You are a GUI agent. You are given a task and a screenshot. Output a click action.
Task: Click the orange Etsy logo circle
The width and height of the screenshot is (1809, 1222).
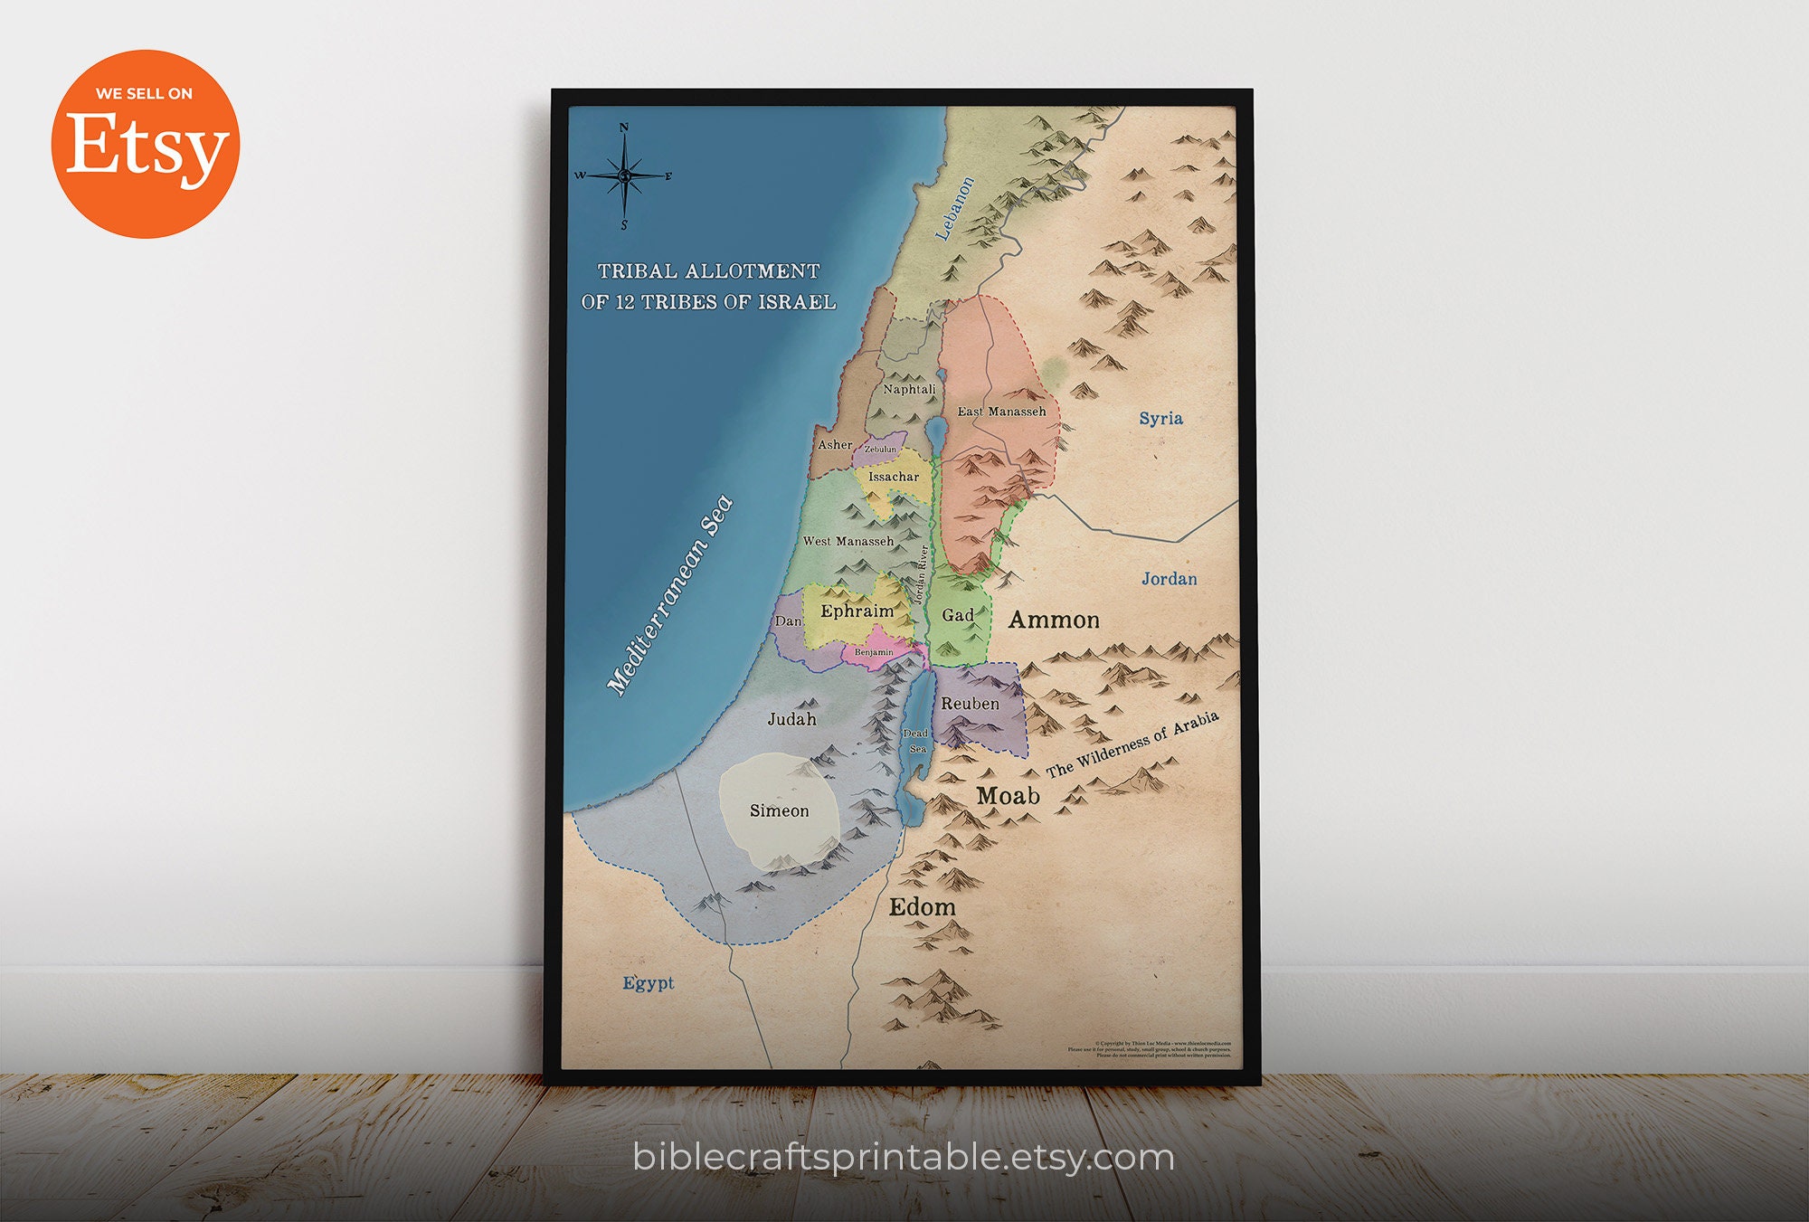(145, 145)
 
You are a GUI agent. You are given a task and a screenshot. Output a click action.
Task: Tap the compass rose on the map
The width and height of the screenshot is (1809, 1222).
(624, 175)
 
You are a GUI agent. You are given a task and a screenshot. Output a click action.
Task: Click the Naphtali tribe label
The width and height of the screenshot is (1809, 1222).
(909, 389)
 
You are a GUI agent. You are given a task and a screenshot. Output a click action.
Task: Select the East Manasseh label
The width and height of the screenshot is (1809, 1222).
(1001, 412)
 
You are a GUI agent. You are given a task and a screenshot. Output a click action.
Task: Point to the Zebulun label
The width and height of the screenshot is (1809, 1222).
(880, 450)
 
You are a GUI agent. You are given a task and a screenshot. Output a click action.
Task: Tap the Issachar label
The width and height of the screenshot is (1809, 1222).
(893, 477)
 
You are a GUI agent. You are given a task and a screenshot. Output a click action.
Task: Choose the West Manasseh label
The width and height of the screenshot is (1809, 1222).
(848, 541)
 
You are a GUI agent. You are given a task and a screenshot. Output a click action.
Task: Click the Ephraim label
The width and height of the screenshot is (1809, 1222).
(857, 611)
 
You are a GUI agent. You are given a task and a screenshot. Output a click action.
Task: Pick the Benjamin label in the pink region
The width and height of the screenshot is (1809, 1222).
(874, 652)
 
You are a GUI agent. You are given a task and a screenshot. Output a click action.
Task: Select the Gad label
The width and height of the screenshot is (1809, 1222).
(958, 615)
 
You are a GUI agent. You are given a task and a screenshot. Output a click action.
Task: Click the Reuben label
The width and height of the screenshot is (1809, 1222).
(970, 703)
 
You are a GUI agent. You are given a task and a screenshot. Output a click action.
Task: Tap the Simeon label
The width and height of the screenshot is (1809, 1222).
(779, 810)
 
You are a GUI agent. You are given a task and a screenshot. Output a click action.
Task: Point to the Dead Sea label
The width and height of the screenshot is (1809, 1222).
(916, 741)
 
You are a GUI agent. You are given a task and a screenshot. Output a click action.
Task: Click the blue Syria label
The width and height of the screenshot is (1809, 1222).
(1160, 418)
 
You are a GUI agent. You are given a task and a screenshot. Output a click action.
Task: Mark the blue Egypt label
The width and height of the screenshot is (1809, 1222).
(648, 982)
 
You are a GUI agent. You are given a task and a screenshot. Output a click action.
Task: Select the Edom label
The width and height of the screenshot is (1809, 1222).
(922, 906)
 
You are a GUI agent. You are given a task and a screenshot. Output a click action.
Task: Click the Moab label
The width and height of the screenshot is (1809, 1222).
(1008, 796)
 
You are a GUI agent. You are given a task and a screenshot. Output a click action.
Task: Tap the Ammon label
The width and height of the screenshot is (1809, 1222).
(1054, 620)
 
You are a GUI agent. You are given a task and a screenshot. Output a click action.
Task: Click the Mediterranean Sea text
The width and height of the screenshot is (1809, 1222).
(669, 597)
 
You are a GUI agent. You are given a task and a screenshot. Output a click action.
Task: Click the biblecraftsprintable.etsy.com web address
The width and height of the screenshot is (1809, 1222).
(904, 1157)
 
